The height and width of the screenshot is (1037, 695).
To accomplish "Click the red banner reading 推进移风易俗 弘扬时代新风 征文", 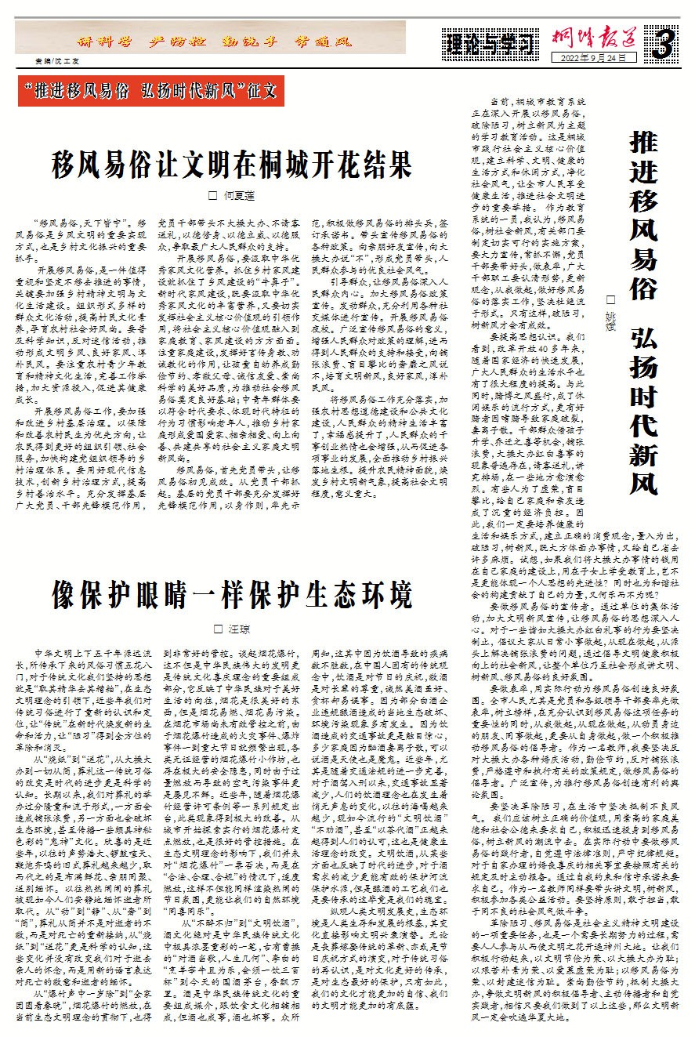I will click(x=150, y=90).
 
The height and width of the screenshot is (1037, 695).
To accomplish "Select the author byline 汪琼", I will click(x=237, y=628).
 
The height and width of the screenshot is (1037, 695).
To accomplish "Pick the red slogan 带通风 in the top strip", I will click(x=320, y=42).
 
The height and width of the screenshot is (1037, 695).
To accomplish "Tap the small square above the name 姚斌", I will click(x=610, y=300).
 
